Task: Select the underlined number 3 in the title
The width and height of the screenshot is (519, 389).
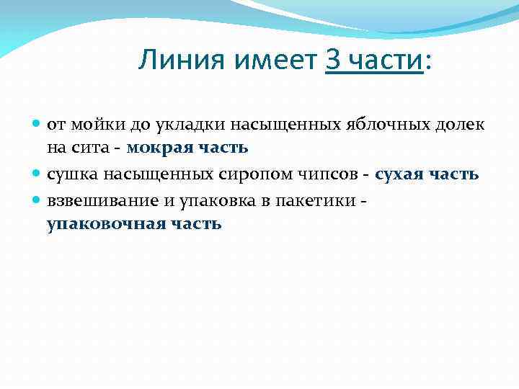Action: click(x=332, y=61)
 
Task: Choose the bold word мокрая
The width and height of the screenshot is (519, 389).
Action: click(x=156, y=148)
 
